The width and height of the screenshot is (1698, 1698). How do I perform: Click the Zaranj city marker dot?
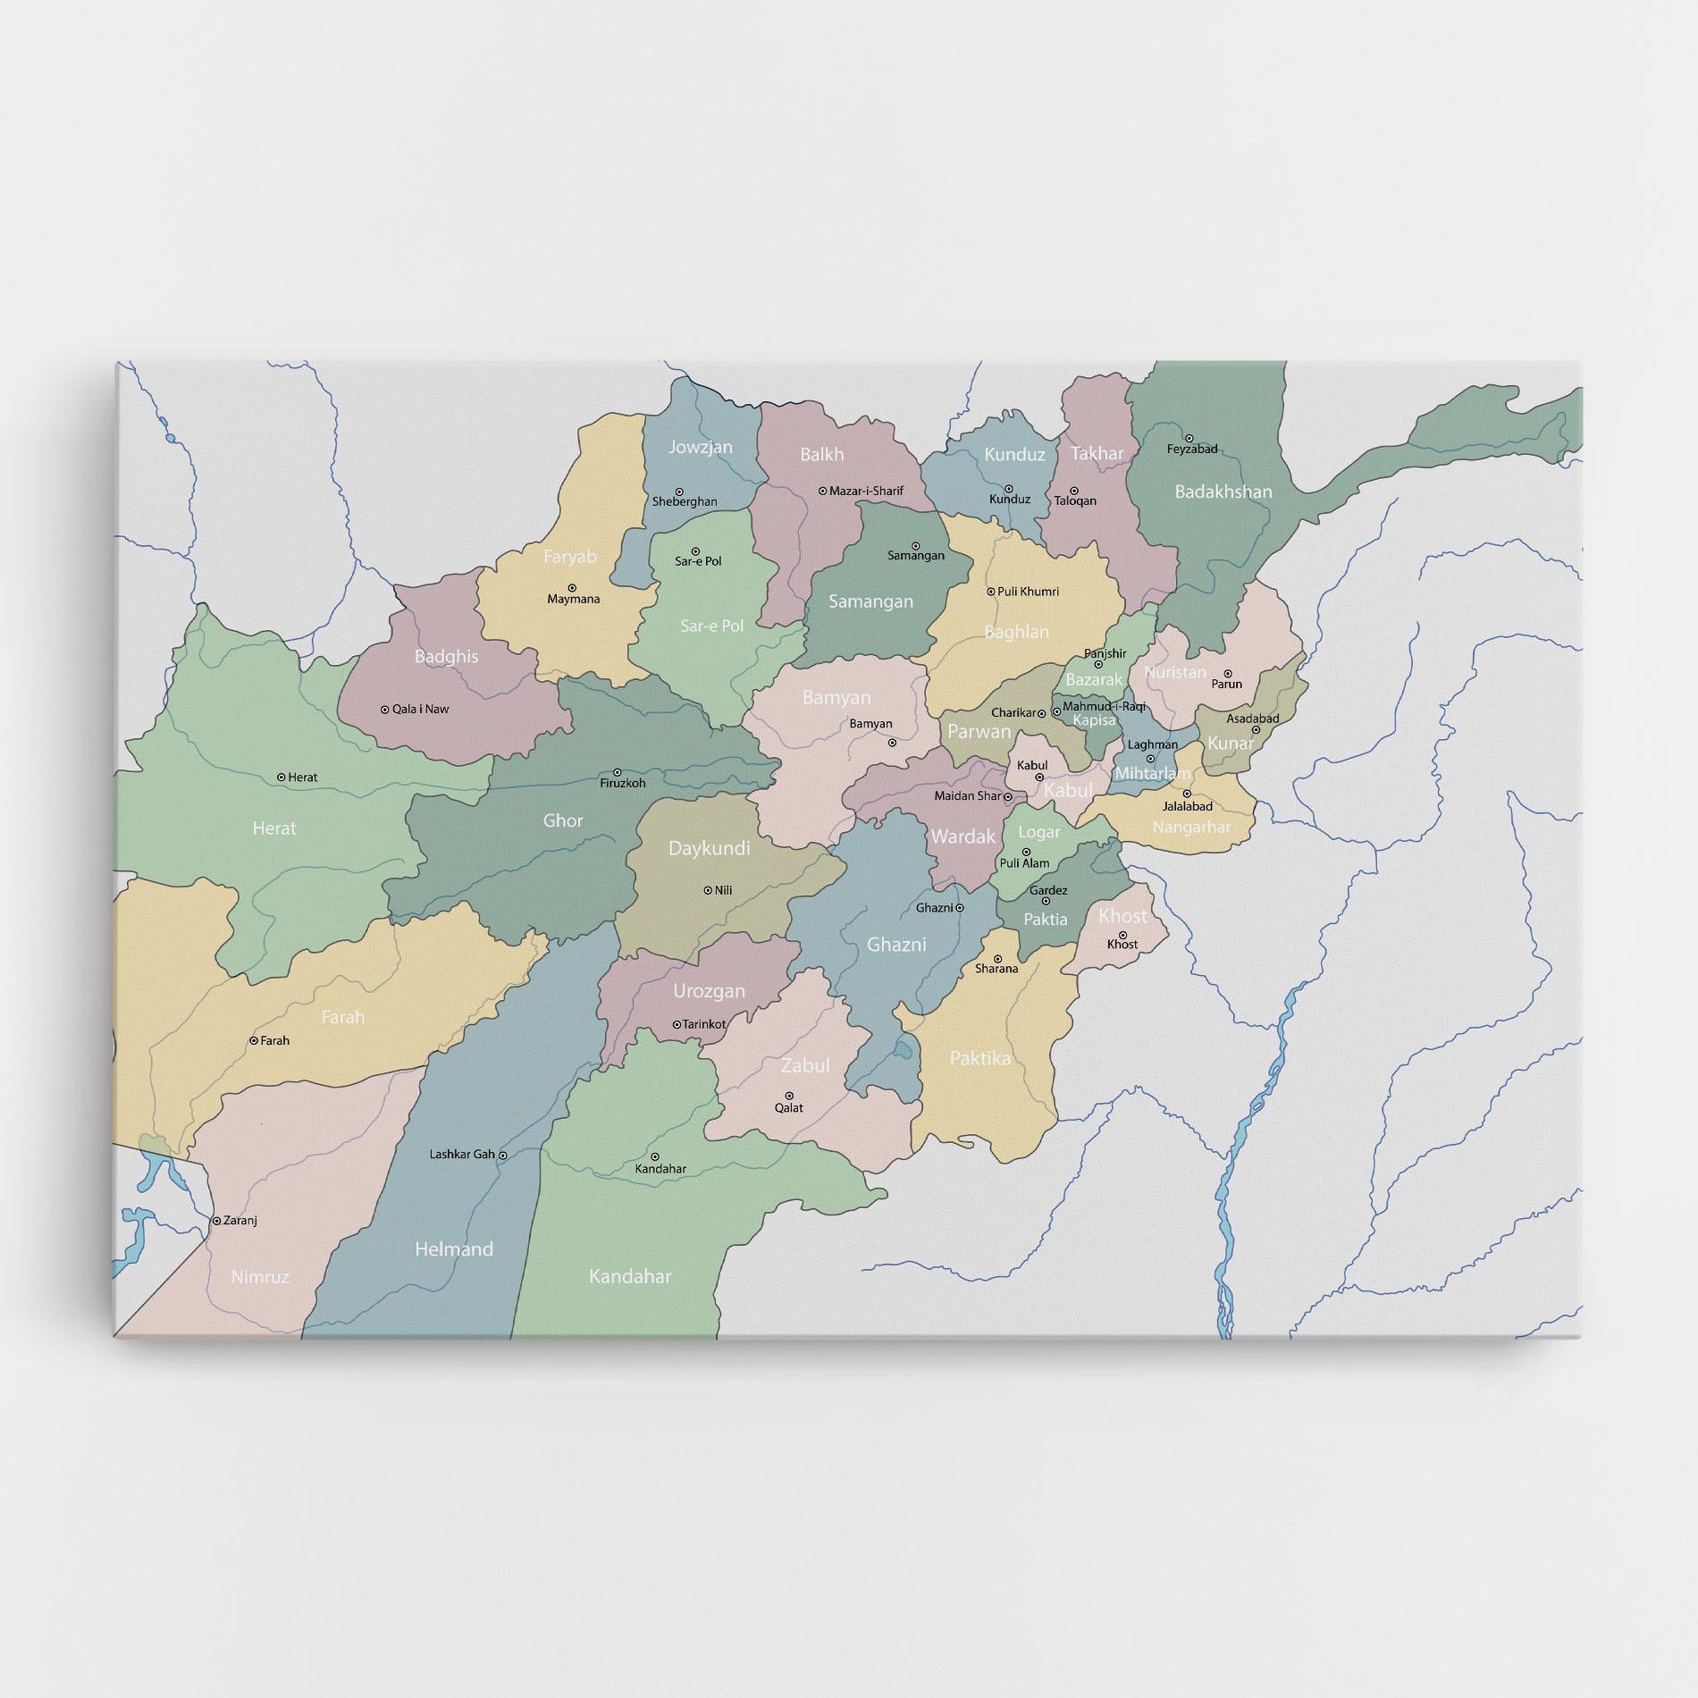(x=215, y=1220)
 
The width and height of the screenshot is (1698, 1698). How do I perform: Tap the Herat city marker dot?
(x=282, y=778)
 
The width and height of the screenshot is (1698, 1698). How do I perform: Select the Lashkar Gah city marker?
(x=503, y=1156)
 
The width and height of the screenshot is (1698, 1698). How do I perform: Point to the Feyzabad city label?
(x=1192, y=449)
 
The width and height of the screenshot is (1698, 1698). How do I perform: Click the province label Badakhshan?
(x=1223, y=492)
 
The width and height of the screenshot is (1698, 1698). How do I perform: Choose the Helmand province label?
(x=454, y=1249)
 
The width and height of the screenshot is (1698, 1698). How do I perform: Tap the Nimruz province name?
(x=260, y=1277)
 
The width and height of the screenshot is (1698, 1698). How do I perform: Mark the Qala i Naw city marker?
(x=385, y=710)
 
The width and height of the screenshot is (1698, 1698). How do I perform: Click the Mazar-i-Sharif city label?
(x=866, y=491)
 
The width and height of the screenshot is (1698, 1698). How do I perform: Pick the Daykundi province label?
(x=710, y=848)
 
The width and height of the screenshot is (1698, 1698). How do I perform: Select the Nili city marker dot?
(x=708, y=890)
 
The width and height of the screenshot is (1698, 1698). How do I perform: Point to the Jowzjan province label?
(x=701, y=447)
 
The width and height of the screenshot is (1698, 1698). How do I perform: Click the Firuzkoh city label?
(x=622, y=784)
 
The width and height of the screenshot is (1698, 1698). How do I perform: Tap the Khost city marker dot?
(x=1123, y=934)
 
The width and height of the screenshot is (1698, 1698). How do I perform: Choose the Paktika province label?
(x=980, y=1058)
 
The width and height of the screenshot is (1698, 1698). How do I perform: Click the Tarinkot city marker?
(x=676, y=1024)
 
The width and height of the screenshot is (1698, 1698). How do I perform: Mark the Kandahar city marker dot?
(x=654, y=1156)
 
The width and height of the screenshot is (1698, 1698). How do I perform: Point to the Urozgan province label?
(x=709, y=991)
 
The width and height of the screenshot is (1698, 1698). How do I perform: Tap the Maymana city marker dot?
(x=571, y=588)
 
